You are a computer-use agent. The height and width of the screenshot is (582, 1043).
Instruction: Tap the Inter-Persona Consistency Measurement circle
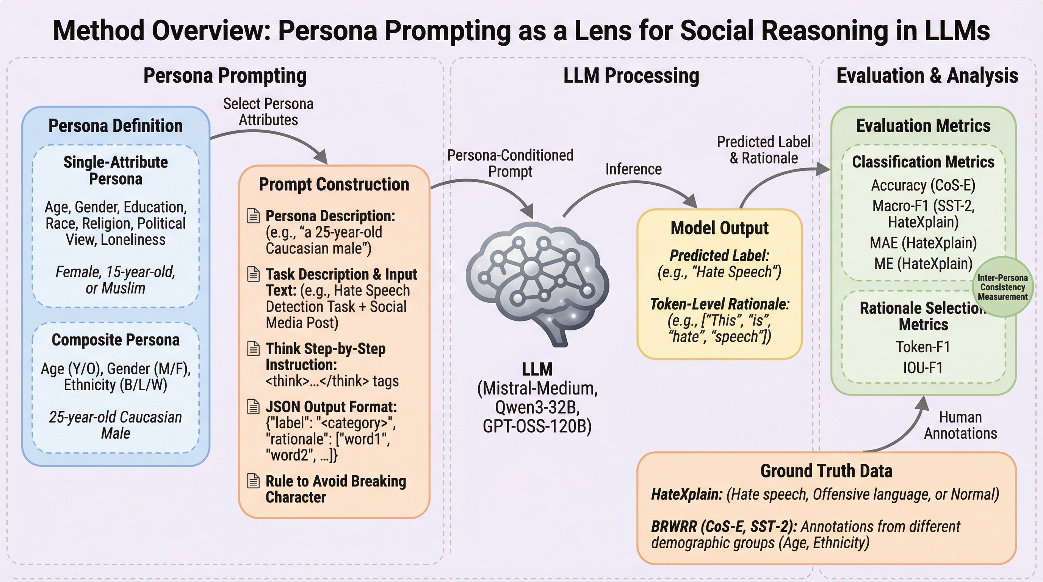[1002, 287]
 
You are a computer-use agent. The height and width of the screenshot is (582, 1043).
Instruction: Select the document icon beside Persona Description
[254, 216]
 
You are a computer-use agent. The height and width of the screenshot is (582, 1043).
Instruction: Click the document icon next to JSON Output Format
[254, 406]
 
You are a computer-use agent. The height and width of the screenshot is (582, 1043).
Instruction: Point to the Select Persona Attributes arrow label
[268, 112]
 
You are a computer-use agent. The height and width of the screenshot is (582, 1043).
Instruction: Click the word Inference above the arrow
[633, 169]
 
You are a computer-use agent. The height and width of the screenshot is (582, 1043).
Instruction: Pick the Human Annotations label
[960, 425]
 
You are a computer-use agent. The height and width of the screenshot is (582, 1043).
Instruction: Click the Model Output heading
[719, 228]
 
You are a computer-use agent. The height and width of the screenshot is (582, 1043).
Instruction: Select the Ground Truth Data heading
[826, 471]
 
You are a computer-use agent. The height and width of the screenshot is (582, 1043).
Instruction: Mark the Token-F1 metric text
[923, 347]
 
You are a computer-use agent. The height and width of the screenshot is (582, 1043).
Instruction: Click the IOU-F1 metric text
[923, 368]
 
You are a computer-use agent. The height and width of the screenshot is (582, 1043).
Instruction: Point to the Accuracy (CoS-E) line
[923, 185]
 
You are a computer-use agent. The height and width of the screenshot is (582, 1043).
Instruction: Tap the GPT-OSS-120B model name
[537, 426]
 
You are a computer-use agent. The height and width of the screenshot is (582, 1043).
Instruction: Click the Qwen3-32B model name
[537, 407]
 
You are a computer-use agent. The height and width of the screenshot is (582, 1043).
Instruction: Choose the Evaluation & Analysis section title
[927, 76]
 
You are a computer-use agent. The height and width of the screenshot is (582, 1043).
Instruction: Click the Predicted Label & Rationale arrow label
[763, 150]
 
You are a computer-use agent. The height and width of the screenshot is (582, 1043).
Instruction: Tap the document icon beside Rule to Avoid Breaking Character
[254, 481]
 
